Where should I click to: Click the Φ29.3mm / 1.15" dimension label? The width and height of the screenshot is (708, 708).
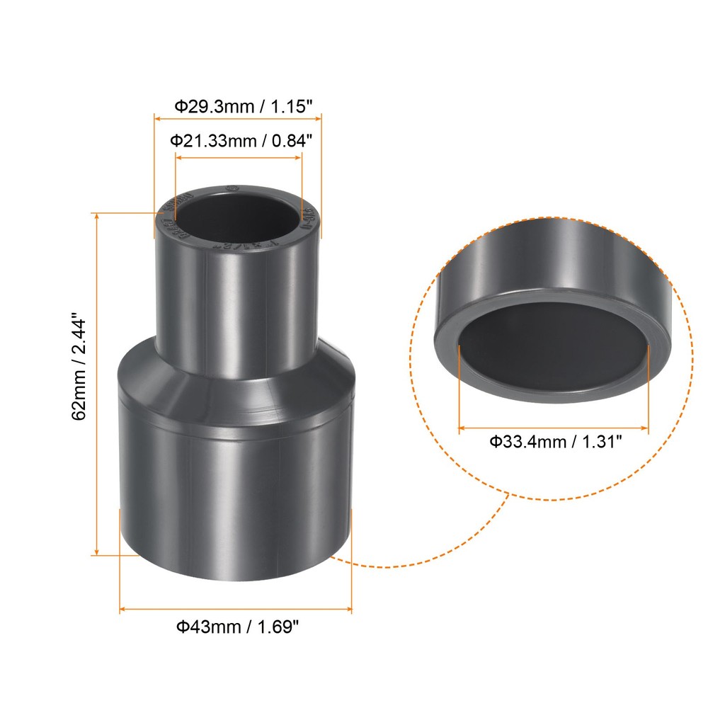click(244, 107)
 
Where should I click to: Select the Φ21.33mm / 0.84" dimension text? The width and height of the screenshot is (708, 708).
click(241, 141)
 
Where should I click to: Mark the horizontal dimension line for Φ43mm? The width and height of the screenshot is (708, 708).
click(236, 608)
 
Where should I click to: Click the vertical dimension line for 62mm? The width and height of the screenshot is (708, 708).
click(96, 382)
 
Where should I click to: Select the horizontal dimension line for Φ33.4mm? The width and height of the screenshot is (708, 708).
click(553, 428)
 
